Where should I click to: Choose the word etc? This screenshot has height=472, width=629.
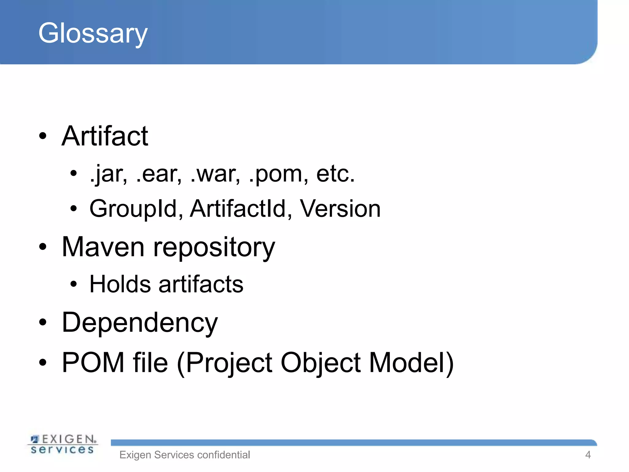click(x=335, y=174)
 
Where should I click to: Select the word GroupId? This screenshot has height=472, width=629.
click(x=136, y=209)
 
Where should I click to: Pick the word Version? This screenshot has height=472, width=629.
click(x=340, y=209)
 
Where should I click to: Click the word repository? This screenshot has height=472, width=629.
click(x=214, y=248)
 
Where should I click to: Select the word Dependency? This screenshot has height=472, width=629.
click(x=140, y=323)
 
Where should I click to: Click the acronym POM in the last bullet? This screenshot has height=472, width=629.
click(x=93, y=363)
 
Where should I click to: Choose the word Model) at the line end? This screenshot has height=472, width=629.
click(x=411, y=363)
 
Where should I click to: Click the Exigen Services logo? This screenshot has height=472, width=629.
click(x=63, y=444)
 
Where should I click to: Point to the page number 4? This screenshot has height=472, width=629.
click(x=588, y=455)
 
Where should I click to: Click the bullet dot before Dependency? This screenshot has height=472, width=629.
click(x=43, y=322)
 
